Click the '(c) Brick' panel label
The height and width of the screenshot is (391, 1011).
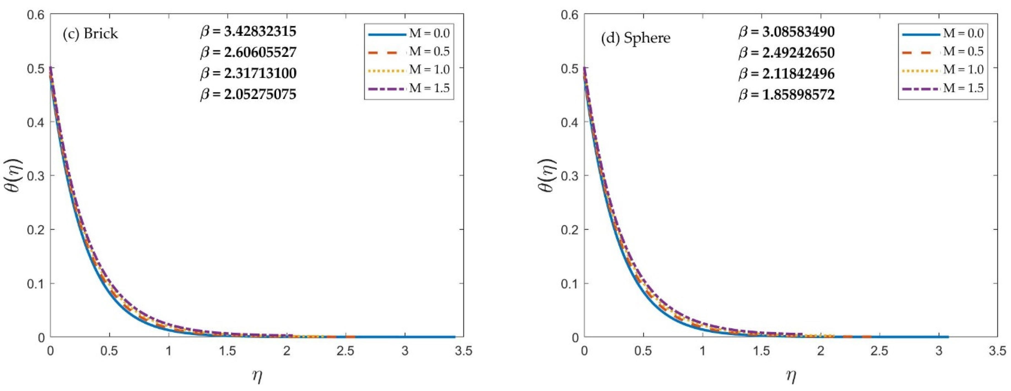(x=90, y=34)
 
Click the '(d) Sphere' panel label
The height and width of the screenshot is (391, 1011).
(x=636, y=38)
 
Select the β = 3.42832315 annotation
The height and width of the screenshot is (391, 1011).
(x=248, y=31)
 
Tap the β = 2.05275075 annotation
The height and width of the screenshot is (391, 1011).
(x=248, y=95)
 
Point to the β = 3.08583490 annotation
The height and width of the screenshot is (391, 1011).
(x=786, y=32)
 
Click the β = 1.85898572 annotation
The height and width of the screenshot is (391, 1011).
(x=786, y=95)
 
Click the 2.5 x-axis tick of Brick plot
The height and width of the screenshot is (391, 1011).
(x=345, y=350)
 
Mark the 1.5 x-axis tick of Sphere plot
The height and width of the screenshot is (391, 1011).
(x=761, y=350)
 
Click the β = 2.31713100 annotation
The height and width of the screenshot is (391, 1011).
(x=248, y=73)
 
